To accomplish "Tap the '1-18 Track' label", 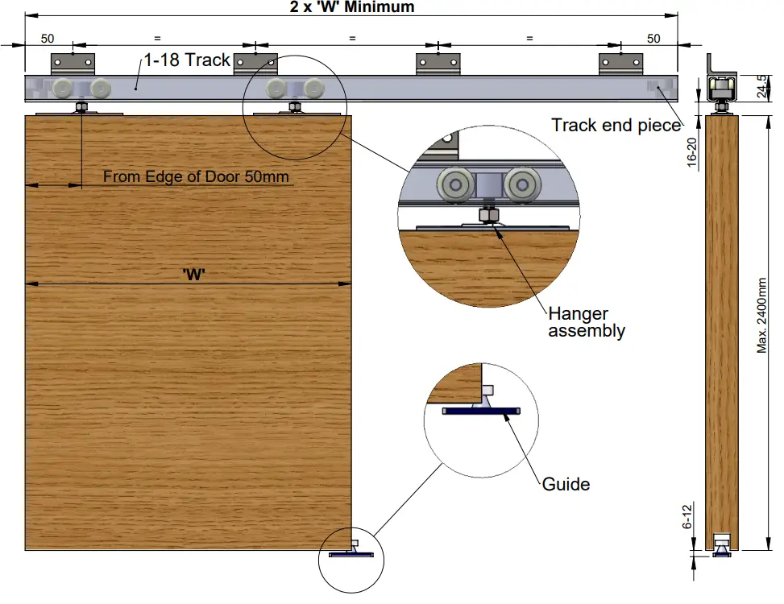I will click(187, 60).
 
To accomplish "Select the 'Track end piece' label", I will click(616, 125).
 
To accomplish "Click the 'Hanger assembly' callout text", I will click(586, 322).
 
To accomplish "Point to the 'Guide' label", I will click(566, 484).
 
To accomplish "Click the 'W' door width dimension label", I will click(193, 274).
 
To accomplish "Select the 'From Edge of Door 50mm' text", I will click(196, 176).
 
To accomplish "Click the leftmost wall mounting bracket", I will click(73, 63).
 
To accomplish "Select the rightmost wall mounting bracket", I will click(620, 63).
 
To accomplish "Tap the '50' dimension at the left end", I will click(48, 38).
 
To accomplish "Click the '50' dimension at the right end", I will click(653, 38).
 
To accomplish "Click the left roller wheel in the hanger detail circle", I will click(454, 185).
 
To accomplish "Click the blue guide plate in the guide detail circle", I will click(481, 411).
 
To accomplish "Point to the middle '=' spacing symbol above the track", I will click(352, 38).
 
